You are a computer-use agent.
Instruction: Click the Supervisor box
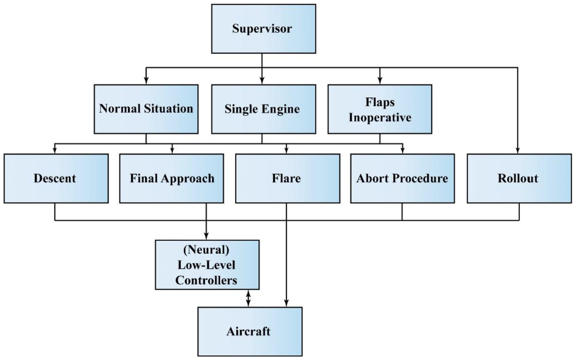tap(263, 29)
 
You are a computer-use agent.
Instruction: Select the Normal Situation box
tap(146, 109)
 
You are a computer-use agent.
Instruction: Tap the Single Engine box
tap(263, 109)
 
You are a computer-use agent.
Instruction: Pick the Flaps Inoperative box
tap(380, 109)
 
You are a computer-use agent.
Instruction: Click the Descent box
tap(56, 179)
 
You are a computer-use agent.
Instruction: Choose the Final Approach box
tap(171, 179)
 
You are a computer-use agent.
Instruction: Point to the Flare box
tap(287, 179)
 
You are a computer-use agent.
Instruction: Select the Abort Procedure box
tap(403, 179)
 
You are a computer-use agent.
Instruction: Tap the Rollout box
tap(519, 179)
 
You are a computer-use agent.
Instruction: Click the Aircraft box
tap(250, 332)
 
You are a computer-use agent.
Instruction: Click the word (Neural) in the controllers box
tap(206, 250)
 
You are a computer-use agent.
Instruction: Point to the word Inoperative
tap(380, 117)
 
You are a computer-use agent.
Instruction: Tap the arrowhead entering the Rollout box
tap(518, 151)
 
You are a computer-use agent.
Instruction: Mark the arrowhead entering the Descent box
tap(55, 151)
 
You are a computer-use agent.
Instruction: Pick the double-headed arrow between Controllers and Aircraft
tap(248, 298)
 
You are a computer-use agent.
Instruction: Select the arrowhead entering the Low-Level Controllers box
tap(206, 237)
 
